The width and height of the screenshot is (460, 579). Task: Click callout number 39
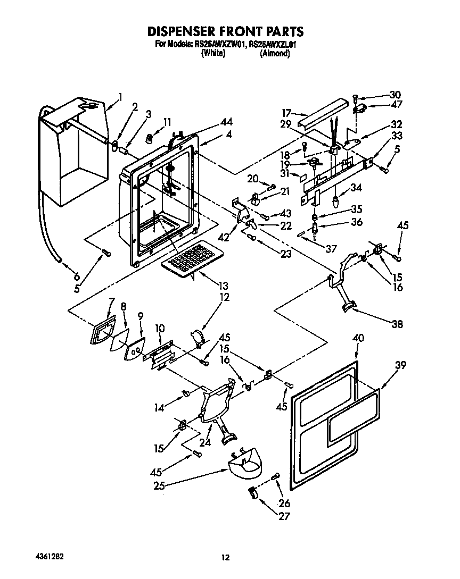(x=400, y=365)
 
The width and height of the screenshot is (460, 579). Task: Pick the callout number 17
(x=287, y=113)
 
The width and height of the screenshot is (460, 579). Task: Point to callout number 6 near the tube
(x=77, y=276)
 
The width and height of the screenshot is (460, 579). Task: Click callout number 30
(x=395, y=95)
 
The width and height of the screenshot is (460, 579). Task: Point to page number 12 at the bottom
(x=226, y=557)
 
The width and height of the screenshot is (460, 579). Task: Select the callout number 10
(x=159, y=330)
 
